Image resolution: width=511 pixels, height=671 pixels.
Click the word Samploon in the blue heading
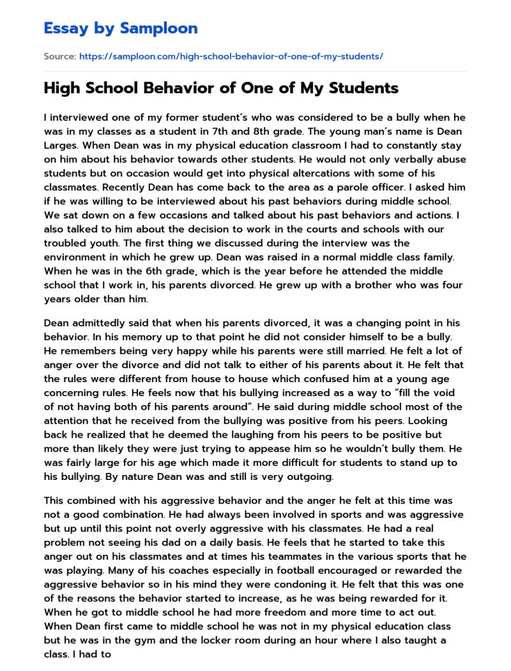159,28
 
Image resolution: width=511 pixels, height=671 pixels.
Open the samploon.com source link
231,56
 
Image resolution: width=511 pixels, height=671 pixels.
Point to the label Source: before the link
59,56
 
